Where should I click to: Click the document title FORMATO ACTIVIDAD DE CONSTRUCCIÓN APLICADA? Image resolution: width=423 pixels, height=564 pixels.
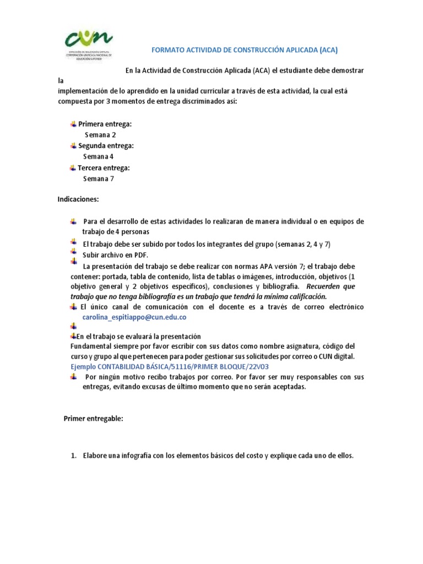(x=244, y=50)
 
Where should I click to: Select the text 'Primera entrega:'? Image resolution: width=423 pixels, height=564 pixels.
(x=105, y=124)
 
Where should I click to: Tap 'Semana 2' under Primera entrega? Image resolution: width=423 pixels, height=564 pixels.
(x=100, y=135)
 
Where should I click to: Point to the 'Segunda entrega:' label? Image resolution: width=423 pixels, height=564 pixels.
(x=106, y=146)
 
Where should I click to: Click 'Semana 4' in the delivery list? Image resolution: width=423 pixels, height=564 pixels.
(x=99, y=156)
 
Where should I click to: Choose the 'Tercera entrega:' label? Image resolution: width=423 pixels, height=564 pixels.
(x=104, y=167)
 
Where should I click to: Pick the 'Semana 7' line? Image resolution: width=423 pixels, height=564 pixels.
(x=99, y=178)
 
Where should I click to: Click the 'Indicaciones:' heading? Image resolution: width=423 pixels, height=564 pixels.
(x=78, y=199)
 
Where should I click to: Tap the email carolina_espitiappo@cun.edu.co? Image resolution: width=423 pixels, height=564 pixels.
(x=134, y=317)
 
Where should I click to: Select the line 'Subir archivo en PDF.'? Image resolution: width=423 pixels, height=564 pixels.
(x=116, y=255)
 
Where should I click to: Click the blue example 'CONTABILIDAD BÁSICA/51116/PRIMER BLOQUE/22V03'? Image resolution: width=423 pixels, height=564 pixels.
(x=170, y=366)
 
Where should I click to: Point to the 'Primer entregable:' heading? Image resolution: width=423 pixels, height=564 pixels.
(x=94, y=419)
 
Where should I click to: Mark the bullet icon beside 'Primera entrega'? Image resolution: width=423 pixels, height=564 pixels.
(x=73, y=124)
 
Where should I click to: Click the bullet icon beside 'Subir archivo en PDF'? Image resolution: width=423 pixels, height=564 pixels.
(x=73, y=254)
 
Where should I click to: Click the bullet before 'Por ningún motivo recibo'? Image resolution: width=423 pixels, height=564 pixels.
(x=73, y=376)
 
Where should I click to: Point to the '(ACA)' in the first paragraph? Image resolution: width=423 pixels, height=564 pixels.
(x=262, y=70)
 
